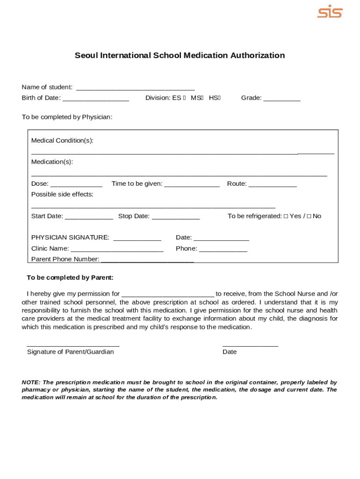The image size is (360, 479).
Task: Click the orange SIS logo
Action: point(330,12)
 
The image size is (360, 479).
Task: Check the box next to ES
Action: point(185,98)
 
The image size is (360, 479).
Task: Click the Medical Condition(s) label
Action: point(62,140)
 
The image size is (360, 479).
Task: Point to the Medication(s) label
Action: point(52,162)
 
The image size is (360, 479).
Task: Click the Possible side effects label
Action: point(62,194)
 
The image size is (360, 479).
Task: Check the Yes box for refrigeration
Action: point(286,216)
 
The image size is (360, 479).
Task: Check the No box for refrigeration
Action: point(309,216)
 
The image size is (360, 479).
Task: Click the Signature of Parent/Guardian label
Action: point(70,352)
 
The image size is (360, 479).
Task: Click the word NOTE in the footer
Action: point(31,382)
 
